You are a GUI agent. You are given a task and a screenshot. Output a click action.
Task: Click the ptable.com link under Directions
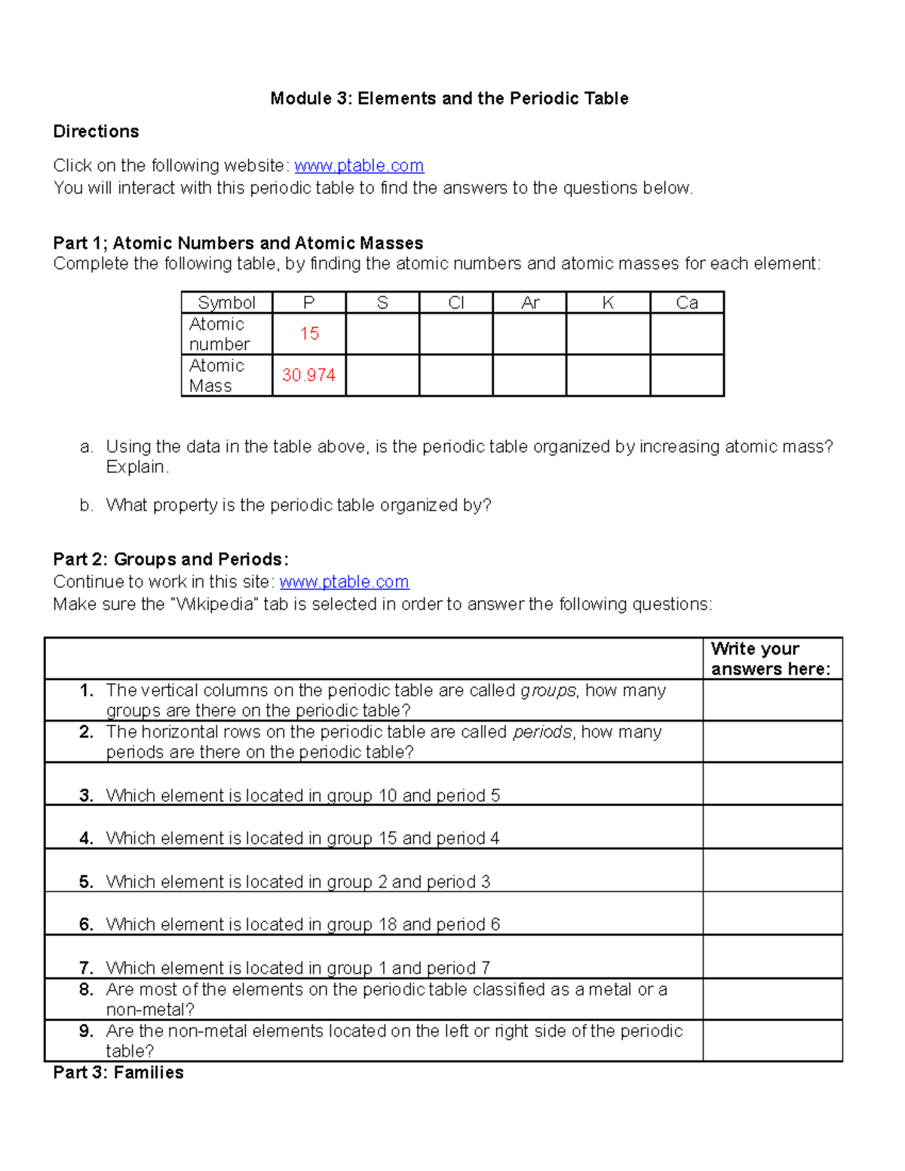(x=359, y=166)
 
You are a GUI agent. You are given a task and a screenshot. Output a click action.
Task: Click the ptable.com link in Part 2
(x=344, y=582)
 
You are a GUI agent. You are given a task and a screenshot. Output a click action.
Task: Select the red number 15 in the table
(x=309, y=334)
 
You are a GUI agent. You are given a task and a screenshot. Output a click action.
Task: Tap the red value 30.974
(x=308, y=376)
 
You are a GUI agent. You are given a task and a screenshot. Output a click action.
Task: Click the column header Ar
(x=530, y=303)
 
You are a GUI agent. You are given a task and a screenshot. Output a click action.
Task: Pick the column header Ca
(x=687, y=303)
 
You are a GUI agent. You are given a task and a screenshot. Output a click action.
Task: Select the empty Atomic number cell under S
(x=382, y=334)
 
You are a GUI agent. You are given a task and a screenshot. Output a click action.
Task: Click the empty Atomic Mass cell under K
(x=608, y=376)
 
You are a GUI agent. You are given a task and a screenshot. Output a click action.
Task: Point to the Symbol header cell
(x=226, y=303)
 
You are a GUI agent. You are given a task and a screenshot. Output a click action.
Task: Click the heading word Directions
(x=96, y=132)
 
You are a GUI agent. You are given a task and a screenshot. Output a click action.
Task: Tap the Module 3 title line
(x=449, y=99)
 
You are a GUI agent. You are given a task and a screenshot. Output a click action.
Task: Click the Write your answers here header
(x=770, y=659)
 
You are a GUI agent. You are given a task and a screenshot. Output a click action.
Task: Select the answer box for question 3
(x=772, y=784)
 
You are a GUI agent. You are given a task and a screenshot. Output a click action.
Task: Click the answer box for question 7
(x=772, y=957)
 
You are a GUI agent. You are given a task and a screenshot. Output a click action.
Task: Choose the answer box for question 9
(x=772, y=1041)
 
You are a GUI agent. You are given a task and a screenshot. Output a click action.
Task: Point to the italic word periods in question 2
(x=542, y=732)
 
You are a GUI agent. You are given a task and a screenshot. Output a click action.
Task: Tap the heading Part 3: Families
(x=118, y=1073)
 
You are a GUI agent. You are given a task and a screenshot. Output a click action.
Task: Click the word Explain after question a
(x=137, y=467)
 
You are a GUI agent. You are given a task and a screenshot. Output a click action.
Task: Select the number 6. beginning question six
(x=86, y=925)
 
